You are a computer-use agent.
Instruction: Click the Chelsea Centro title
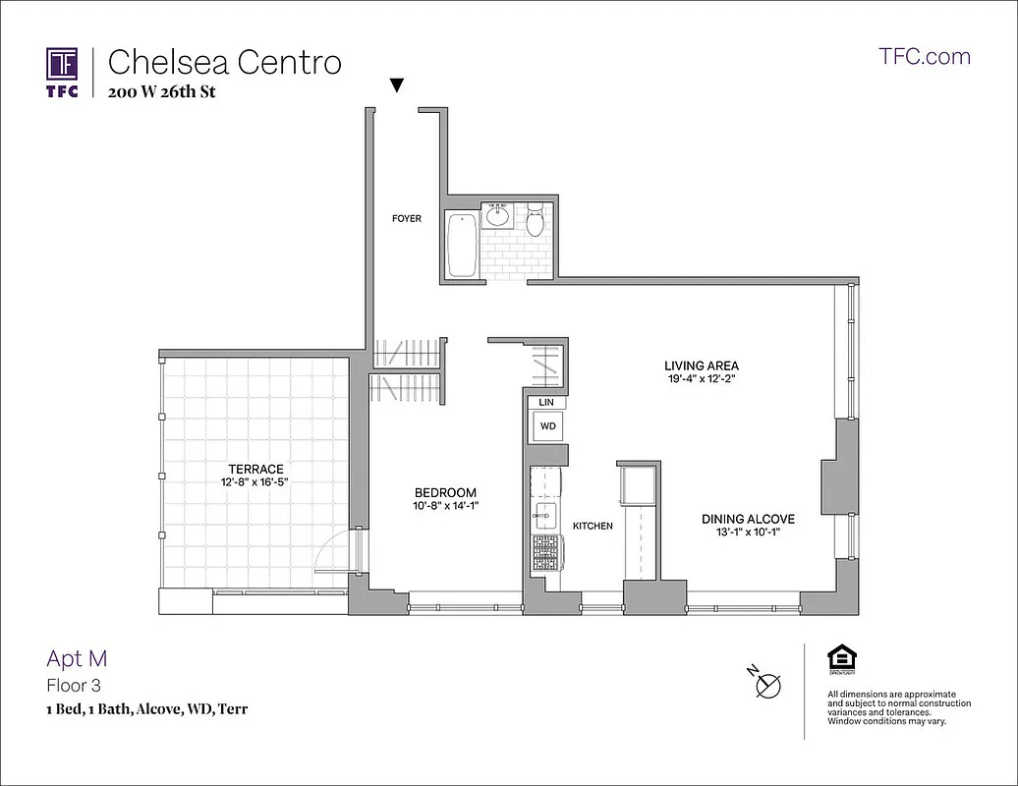pyautogui.click(x=224, y=62)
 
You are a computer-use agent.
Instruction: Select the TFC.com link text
pyautogui.click(x=924, y=56)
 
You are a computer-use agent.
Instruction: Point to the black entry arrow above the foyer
pyautogui.click(x=396, y=85)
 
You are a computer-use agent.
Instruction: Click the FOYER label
pyautogui.click(x=406, y=218)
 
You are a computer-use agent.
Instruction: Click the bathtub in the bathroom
pyautogui.click(x=461, y=244)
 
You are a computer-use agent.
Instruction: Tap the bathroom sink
pyautogui.click(x=498, y=214)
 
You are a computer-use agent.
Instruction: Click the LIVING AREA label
pyautogui.click(x=701, y=366)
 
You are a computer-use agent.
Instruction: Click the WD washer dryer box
pyautogui.click(x=547, y=426)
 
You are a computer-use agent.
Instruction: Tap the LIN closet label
pyautogui.click(x=545, y=402)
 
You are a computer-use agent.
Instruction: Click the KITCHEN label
pyautogui.click(x=593, y=526)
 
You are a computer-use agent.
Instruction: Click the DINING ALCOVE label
pyautogui.click(x=747, y=519)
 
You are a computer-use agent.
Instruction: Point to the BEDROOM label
pyautogui.click(x=445, y=492)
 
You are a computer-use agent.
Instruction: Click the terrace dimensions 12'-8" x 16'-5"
pyautogui.click(x=255, y=482)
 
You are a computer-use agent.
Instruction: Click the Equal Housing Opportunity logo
pyautogui.click(x=840, y=659)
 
